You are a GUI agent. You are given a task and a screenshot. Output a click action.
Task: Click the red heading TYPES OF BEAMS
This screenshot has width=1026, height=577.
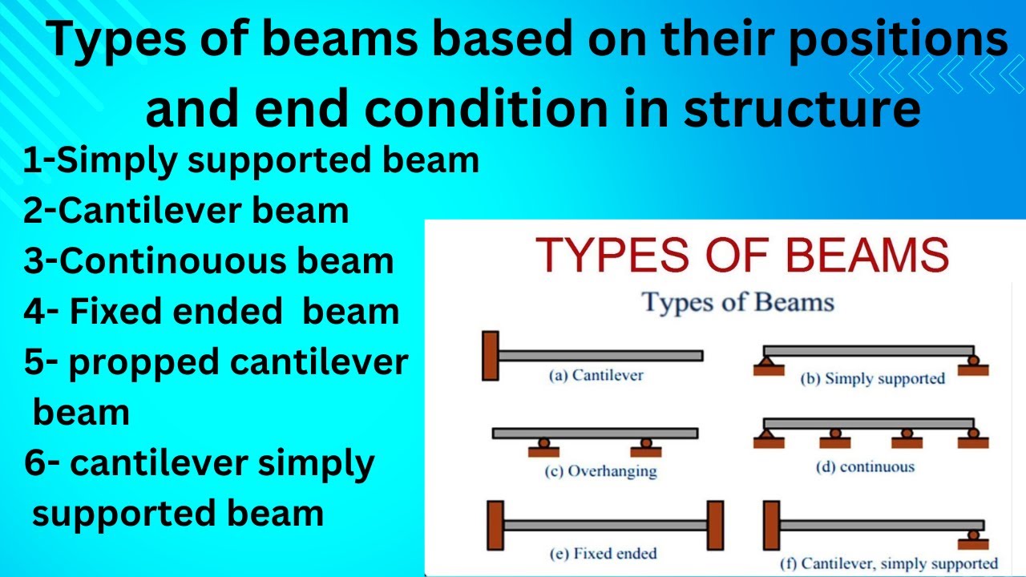pyautogui.click(x=742, y=255)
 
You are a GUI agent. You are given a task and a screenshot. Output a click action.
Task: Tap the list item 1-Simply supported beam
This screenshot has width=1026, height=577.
pyautogui.click(x=251, y=161)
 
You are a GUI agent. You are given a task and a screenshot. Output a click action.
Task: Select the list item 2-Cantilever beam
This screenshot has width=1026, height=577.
pyautogui.click(x=186, y=211)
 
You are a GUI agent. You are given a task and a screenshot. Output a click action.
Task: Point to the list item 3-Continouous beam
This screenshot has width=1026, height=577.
pyautogui.click(x=208, y=261)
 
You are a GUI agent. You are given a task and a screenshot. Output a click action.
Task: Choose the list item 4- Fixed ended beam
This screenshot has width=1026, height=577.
pyautogui.click(x=212, y=311)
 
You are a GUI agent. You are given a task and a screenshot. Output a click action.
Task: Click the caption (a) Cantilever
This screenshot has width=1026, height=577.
pyautogui.click(x=596, y=375)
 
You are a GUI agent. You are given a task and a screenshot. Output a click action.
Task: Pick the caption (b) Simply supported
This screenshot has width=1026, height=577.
pyautogui.click(x=873, y=378)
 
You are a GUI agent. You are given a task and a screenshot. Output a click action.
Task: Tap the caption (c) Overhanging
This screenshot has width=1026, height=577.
pyautogui.click(x=600, y=470)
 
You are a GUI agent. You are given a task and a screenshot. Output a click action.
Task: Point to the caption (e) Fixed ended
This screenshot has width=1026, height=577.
pyautogui.click(x=604, y=553)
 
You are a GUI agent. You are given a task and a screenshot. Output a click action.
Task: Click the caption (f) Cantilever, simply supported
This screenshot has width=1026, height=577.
pyautogui.click(x=888, y=563)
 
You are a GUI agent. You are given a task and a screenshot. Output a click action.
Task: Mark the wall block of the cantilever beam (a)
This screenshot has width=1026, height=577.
pyautogui.click(x=490, y=355)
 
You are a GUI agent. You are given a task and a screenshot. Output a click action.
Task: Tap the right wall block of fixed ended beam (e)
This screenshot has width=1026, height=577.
pyautogui.click(x=714, y=524)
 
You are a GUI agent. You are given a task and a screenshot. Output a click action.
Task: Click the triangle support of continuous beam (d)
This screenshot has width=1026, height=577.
pyautogui.click(x=765, y=434)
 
